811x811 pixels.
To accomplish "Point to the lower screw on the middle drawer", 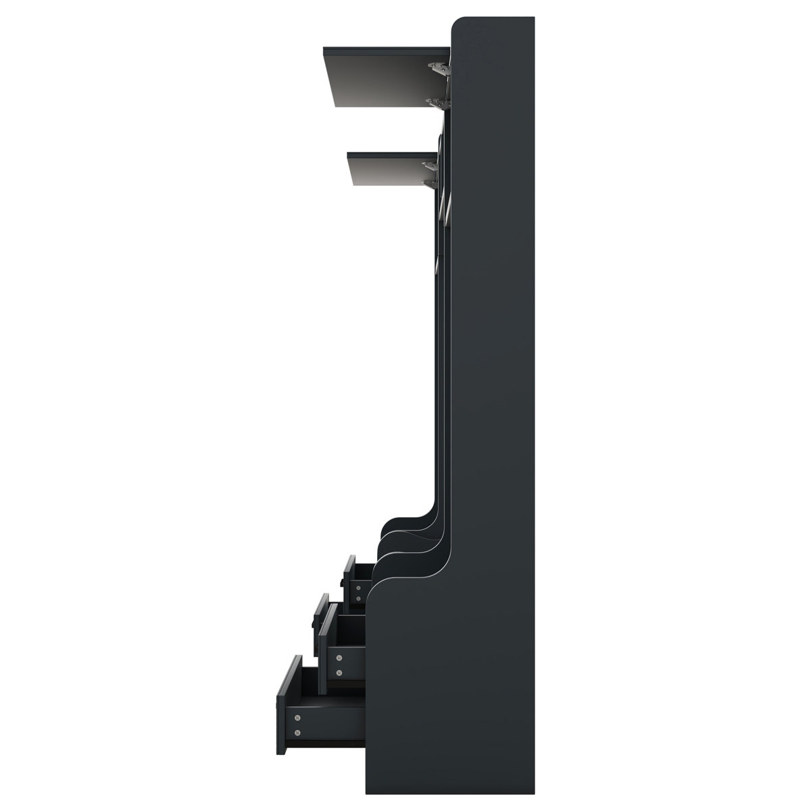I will tap(339, 672).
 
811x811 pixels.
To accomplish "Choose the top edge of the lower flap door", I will tap(392, 154).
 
